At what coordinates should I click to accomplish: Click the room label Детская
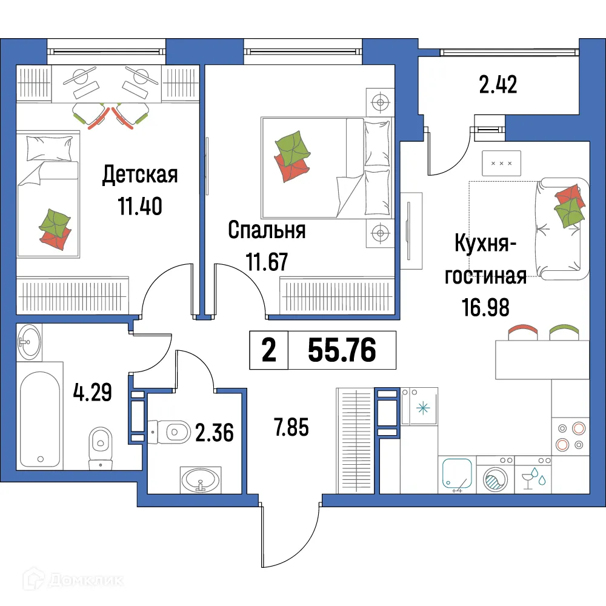click(140, 175)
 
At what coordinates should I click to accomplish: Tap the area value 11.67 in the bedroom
click(266, 262)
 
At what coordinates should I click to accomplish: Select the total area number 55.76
click(342, 350)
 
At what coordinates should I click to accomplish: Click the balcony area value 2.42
click(498, 85)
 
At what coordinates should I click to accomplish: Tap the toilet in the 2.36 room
click(170, 431)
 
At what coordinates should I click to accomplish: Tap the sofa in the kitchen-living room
click(561, 229)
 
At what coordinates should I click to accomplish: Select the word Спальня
click(267, 230)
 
